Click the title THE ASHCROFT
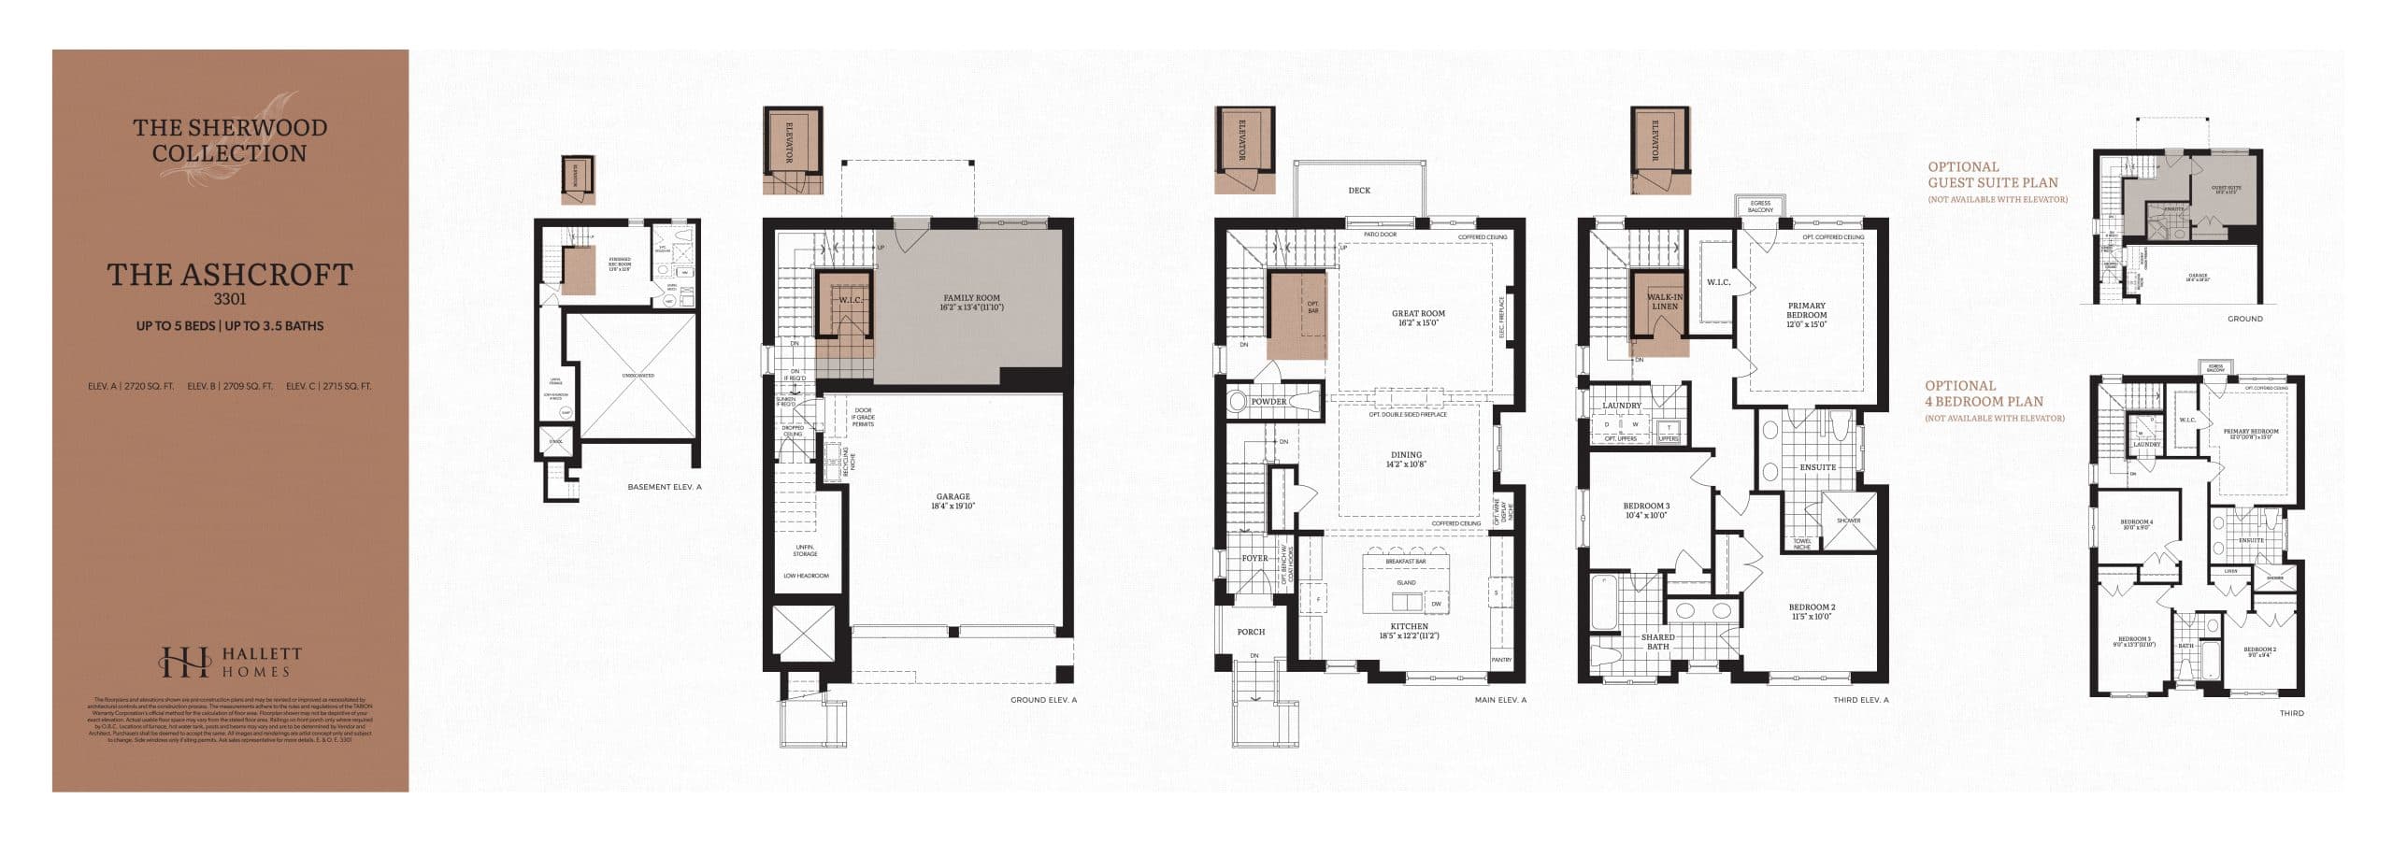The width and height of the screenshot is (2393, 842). (x=230, y=275)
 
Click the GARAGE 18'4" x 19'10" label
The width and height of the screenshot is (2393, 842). (x=953, y=501)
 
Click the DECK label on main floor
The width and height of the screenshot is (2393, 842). (x=1359, y=191)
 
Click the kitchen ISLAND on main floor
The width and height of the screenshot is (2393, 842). (x=1406, y=583)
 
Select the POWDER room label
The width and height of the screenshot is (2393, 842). (x=1269, y=402)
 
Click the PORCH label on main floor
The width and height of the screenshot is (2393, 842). (x=1251, y=633)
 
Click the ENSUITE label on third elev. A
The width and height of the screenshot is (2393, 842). (x=1817, y=467)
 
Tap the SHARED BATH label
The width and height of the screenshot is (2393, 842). (x=1657, y=642)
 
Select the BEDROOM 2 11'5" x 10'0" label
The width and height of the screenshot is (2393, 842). (x=1813, y=611)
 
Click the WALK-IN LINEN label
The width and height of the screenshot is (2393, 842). (x=1664, y=301)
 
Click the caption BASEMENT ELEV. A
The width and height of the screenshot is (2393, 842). (x=664, y=487)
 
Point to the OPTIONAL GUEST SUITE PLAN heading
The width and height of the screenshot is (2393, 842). (x=1993, y=175)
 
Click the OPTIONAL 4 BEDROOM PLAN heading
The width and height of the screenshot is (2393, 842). (x=1984, y=393)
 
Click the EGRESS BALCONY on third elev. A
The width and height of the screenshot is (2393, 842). (x=1760, y=207)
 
